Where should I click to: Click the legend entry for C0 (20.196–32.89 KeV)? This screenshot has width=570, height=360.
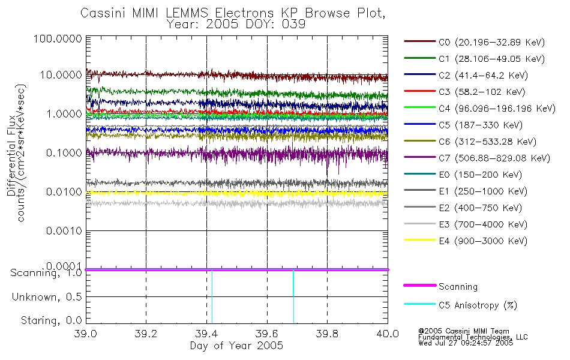(x=492, y=42)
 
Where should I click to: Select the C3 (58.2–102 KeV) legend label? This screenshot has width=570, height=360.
(x=482, y=92)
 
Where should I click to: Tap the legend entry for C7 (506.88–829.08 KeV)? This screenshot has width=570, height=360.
(x=494, y=158)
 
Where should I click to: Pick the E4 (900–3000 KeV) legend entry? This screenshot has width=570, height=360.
(x=483, y=241)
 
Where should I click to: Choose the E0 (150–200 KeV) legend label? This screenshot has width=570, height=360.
(x=481, y=175)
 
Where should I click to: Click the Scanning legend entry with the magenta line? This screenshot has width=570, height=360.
(x=458, y=287)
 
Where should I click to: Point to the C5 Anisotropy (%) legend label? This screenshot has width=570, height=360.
(x=478, y=305)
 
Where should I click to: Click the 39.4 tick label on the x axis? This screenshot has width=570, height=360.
(x=206, y=334)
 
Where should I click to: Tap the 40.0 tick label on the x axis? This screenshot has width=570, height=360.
(x=388, y=334)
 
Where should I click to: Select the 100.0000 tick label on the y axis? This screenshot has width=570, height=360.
(x=58, y=38)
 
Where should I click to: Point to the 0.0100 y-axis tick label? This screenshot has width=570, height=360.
(x=64, y=191)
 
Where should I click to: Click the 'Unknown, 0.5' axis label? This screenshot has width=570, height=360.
(x=47, y=297)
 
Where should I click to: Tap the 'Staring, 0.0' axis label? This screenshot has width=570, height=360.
(x=51, y=320)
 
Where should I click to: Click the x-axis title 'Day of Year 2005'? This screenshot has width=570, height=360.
(x=236, y=345)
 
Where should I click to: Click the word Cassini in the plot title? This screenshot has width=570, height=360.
(x=103, y=13)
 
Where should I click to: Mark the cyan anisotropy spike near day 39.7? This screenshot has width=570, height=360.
(x=293, y=296)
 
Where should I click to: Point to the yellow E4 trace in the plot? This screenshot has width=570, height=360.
(x=236, y=193)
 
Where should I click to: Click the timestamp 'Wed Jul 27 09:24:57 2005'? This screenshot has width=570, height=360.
(x=466, y=343)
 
